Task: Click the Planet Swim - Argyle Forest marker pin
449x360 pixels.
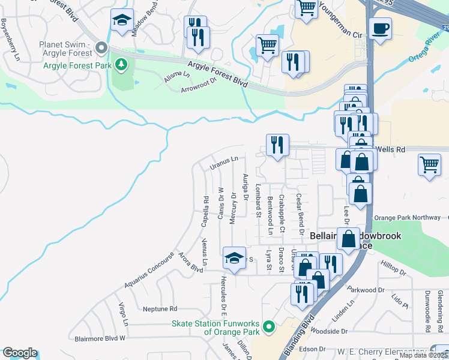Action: pyautogui.click(x=101, y=47)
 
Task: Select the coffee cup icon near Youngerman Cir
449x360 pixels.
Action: pyautogui.click(x=380, y=29)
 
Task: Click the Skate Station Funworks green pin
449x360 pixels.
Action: pyautogui.click(x=269, y=327)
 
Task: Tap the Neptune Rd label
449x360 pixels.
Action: pyautogui.click(x=160, y=309)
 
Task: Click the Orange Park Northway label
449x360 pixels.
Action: pyautogui.click(x=407, y=218)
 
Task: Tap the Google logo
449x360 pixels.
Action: pyautogui.click(x=20, y=353)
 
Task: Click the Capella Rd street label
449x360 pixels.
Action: pyautogui.click(x=205, y=208)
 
